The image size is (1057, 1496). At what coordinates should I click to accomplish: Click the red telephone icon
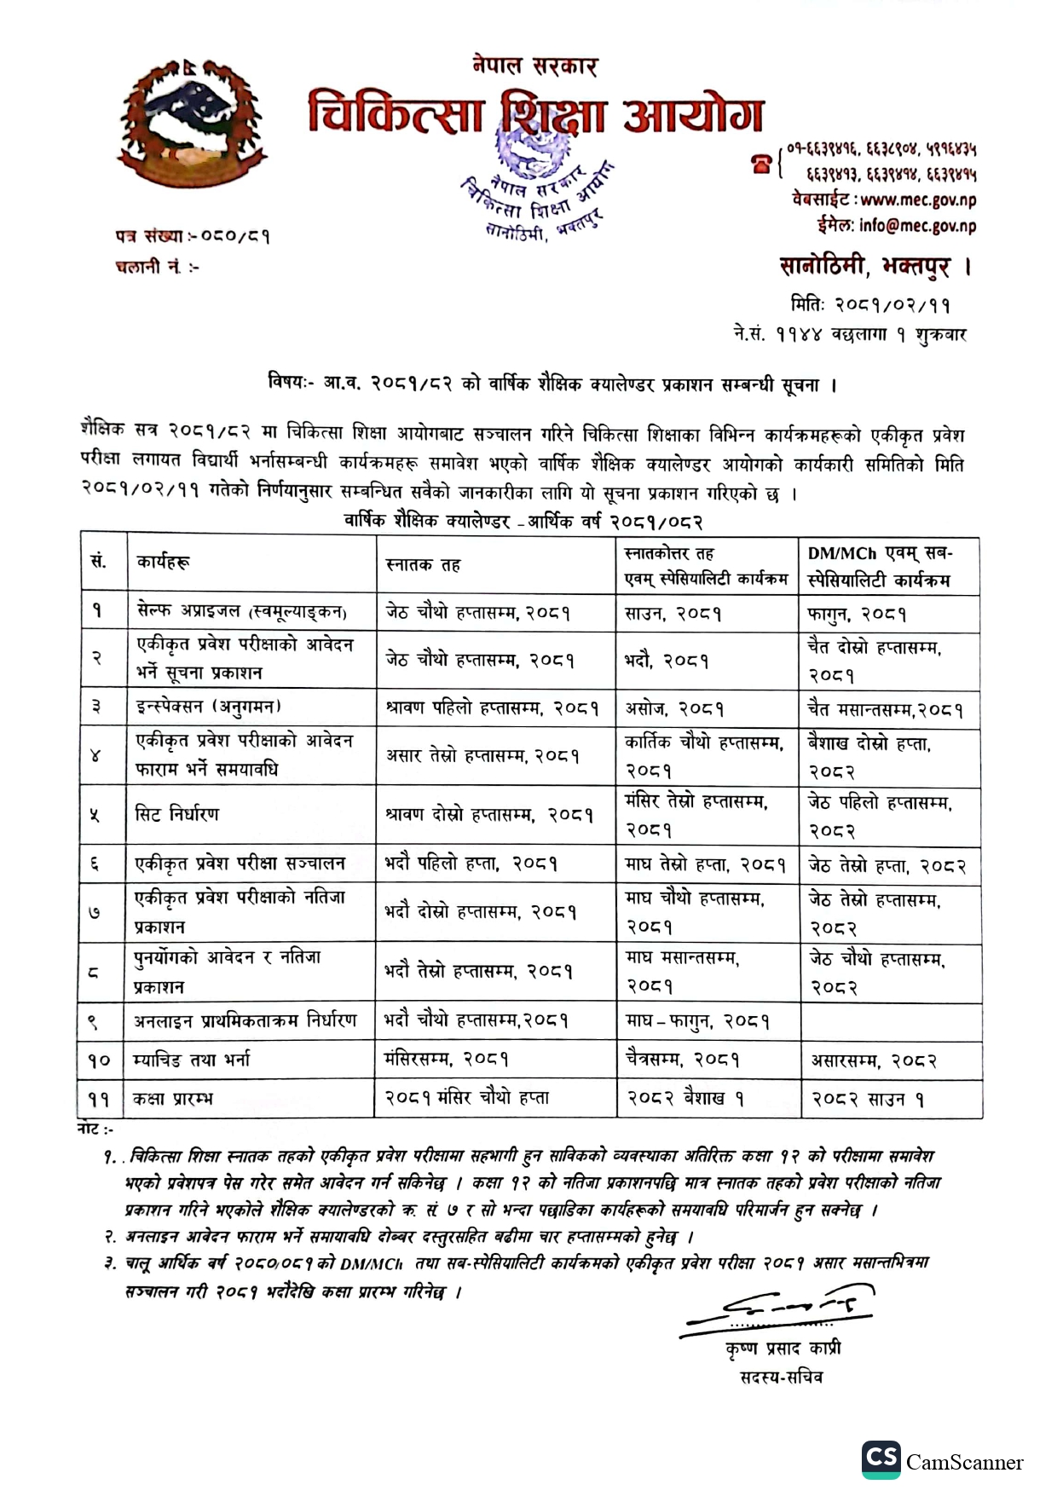[x=760, y=163]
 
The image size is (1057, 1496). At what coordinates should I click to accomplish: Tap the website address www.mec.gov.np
[x=918, y=200]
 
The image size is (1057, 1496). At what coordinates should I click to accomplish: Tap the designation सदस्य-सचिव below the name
[x=782, y=1376]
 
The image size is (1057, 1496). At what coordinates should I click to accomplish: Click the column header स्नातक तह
[x=423, y=565]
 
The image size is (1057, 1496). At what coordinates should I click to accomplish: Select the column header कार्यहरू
[x=163, y=562]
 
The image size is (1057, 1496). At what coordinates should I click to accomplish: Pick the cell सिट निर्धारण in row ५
[x=177, y=814]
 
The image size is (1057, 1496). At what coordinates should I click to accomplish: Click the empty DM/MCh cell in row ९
[x=890, y=1020]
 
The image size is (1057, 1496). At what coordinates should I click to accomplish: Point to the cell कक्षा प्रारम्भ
[x=172, y=1099]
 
